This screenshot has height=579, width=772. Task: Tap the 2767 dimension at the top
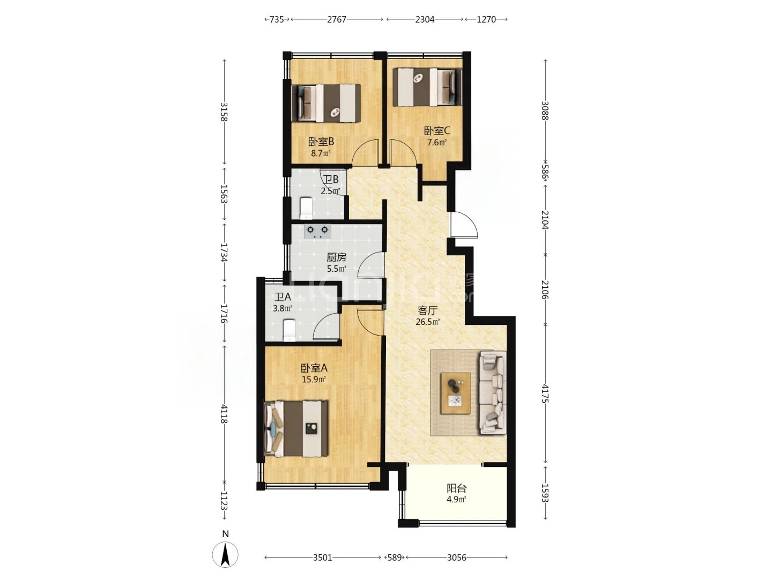(337, 19)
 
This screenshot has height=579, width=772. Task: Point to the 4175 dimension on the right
(545, 394)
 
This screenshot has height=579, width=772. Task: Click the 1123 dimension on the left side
(224, 501)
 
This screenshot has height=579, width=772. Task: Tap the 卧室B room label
(321, 142)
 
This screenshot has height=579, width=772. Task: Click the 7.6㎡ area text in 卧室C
(437, 143)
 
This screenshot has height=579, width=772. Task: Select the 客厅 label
(428, 310)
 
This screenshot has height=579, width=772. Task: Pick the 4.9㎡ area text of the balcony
(457, 499)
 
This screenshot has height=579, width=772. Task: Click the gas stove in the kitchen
(317, 231)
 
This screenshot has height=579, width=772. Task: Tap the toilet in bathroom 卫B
(306, 208)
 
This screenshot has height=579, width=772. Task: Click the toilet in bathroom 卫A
(289, 330)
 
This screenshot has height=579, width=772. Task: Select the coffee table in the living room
(456, 393)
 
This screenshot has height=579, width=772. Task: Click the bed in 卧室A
(296, 428)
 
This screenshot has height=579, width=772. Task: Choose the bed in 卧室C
(427, 87)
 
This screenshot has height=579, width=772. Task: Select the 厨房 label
(336, 258)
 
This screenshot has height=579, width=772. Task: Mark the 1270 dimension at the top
(486, 19)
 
